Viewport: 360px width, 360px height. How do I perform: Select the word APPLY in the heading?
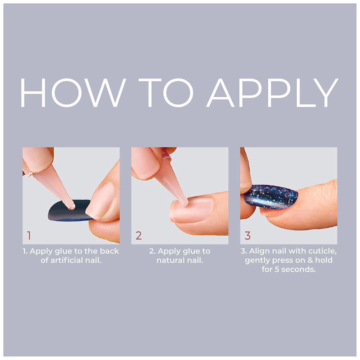(272, 92)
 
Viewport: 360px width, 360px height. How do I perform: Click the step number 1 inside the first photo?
(29, 236)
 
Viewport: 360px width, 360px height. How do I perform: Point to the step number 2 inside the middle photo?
(138, 236)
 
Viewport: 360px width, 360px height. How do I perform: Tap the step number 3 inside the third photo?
(248, 236)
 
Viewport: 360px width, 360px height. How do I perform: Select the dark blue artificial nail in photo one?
(69, 210)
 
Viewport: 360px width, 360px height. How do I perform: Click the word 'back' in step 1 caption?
(109, 251)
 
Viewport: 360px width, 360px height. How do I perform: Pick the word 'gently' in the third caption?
(258, 260)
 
